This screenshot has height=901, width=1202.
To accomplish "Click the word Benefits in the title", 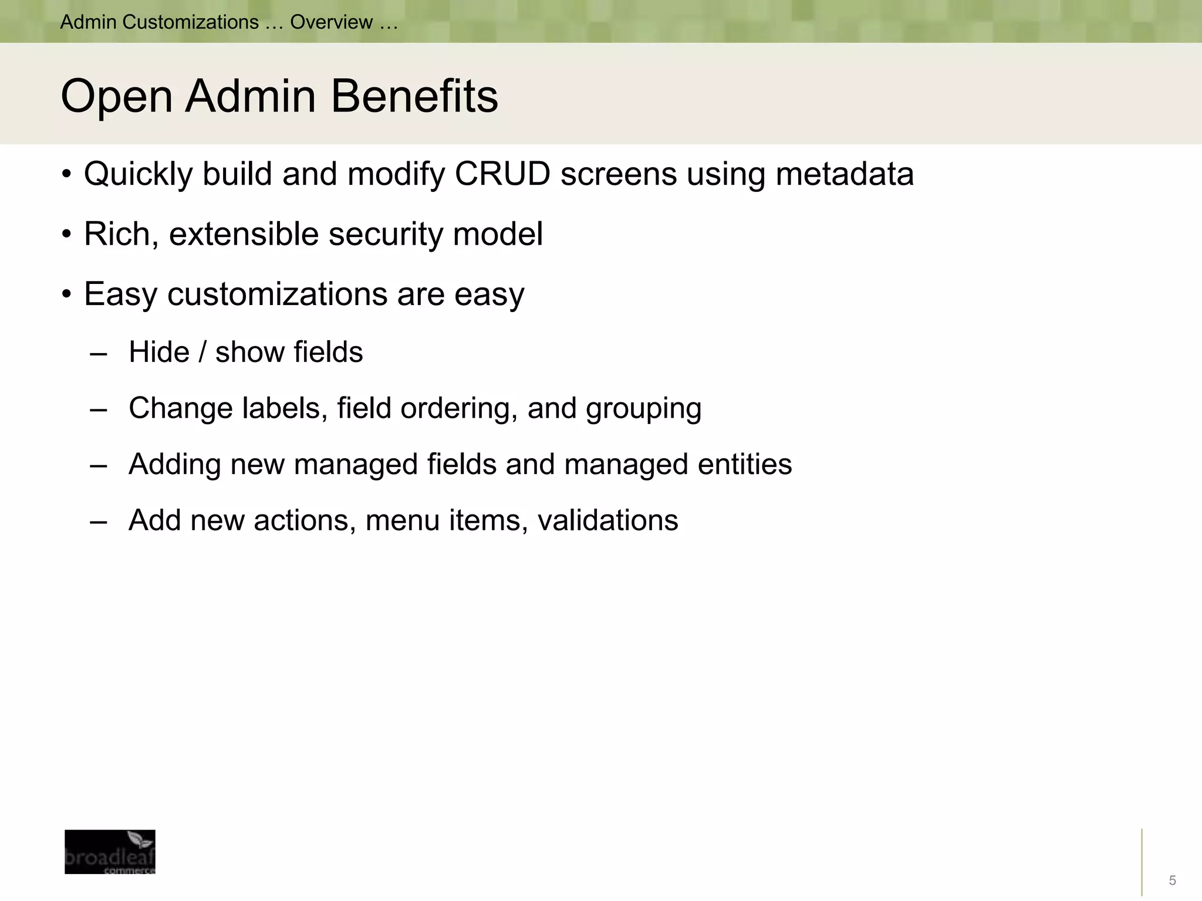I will (414, 96).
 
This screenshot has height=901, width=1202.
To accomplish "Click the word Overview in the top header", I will (331, 22).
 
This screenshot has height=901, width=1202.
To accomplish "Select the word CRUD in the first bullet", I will (502, 174).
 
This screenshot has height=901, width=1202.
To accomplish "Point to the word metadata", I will (845, 174).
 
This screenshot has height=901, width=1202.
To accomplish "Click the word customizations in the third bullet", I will (277, 293).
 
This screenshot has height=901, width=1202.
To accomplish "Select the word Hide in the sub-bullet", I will (159, 352).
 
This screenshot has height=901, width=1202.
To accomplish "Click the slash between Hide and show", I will (202, 352).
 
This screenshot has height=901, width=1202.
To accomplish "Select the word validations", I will (607, 520).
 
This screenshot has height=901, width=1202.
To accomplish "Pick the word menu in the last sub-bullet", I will (403, 520).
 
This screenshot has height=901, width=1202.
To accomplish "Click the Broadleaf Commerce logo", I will (110, 852).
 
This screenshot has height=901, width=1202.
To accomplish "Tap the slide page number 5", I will (1172, 880).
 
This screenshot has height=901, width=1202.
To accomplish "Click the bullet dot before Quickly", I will (66, 174).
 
